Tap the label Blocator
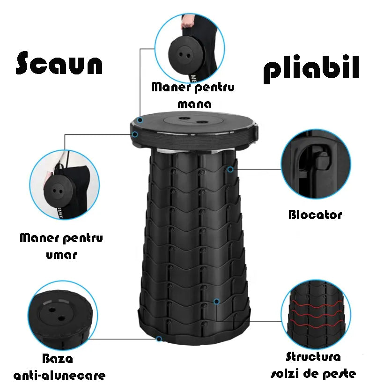click(315, 215)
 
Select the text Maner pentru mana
click(193, 95)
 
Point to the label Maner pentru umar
click(61, 246)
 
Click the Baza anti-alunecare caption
click(59, 367)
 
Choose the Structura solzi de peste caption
click(313, 365)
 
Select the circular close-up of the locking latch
click(316, 164)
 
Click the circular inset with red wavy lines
click(315, 314)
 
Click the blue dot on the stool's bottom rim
click(159, 339)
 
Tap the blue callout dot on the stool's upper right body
click(230, 169)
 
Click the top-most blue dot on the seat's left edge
click(140, 120)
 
